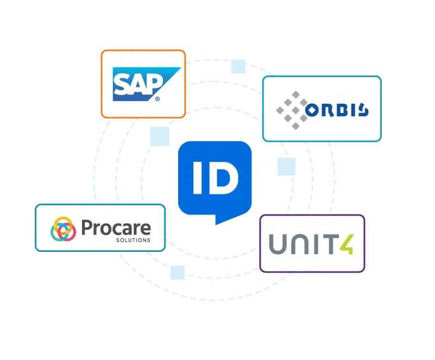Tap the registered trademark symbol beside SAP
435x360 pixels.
point(157,99)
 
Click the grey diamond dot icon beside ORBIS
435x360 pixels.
point(291,110)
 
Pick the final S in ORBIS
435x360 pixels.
point(363,111)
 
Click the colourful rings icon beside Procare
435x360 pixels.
point(63,229)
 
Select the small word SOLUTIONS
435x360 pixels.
point(133,239)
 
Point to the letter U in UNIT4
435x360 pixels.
point(278,243)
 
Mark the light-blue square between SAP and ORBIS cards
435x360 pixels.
point(238,66)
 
